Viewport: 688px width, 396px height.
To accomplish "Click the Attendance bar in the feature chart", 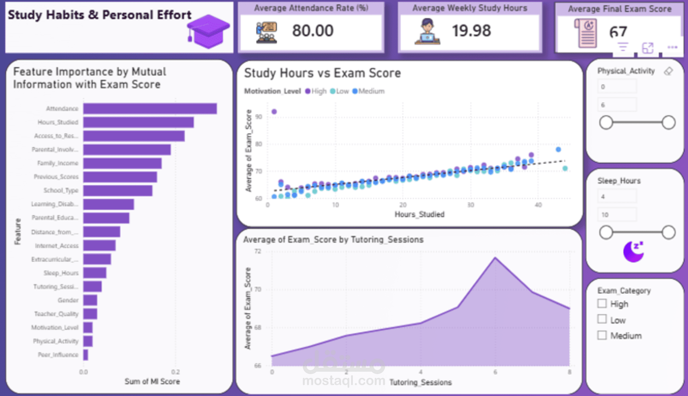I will click(x=150, y=109).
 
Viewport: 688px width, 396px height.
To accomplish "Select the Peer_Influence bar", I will click(x=85, y=355).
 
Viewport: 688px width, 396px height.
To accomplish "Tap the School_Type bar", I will click(x=118, y=190).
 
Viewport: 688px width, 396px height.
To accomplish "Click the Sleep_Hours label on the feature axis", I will click(x=61, y=273).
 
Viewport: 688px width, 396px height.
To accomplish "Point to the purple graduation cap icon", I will click(x=208, y=32).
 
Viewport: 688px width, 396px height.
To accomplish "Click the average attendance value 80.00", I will click(x=313, y=31).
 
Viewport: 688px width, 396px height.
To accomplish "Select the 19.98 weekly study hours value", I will click(x=471, y=31).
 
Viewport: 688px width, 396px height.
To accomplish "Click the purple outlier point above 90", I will click(x=274, y=111).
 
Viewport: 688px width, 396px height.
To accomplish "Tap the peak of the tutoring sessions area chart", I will click(x=495, y=258).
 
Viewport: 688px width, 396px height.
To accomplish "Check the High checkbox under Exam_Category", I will click(x=602, y=304).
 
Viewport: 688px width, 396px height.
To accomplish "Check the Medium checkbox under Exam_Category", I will click(x=602, y=335).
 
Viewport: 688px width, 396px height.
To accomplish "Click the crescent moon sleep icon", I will click(x=633, y=251).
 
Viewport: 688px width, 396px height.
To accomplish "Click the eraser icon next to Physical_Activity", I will click(x=669, y=71).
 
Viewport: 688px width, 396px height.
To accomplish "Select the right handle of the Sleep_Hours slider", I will click(x=669, y=232).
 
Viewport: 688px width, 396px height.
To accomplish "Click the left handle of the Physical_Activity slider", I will click(x=606, y=122).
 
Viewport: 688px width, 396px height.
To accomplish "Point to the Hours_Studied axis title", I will click(x=419, y=214).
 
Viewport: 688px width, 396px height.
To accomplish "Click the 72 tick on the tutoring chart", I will click(x=258, y=251).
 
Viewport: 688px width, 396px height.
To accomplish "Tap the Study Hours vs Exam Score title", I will click(x=322, y=73).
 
